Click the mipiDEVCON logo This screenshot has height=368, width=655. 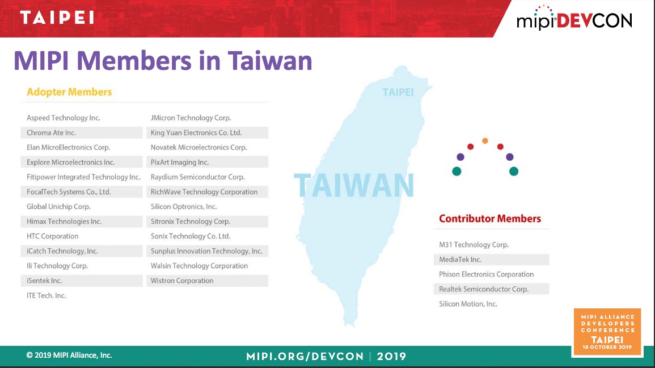[x=574, y=18]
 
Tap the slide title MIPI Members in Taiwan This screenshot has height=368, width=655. [x=163, y=61]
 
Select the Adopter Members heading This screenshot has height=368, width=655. [x=69, y=92]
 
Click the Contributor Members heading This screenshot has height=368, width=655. [x=489, y=218]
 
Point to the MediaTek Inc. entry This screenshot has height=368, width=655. [x=460, y=260]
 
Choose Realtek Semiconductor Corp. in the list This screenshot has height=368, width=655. [x=484, y=289]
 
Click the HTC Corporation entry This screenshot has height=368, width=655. [x=52, y=236]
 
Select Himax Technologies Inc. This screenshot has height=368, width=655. [x=64, y=221]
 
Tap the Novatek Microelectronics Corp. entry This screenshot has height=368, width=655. [x=199, y=147]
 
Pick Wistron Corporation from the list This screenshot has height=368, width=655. [x=182, y=281]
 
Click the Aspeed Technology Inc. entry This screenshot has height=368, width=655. [x=64, y=118]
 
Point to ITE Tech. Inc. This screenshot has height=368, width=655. [x=47, y=295]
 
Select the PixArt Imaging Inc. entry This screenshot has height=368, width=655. [x=180, y=162]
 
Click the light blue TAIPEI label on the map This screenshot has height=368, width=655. [x=398, y=92]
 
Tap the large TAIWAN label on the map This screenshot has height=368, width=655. [x=354, y=185]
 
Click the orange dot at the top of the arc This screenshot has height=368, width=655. [x=485, y=141]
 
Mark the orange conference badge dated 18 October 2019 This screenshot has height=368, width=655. [x=607, y=332]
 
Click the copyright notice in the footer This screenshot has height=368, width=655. [x=69, y=356]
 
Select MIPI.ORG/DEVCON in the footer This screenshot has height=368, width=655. [x=305, y=356]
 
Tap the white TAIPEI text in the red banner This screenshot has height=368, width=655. [x=57, y=18]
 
